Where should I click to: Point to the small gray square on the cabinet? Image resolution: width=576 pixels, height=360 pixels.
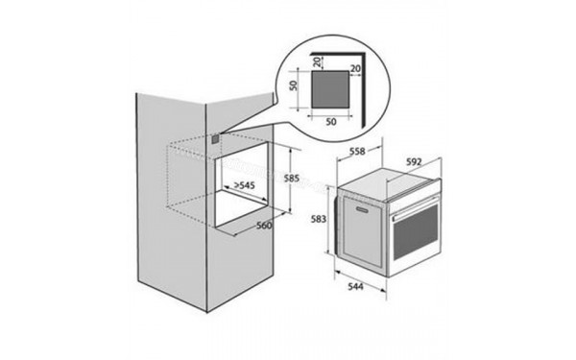(x=214, y=140)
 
